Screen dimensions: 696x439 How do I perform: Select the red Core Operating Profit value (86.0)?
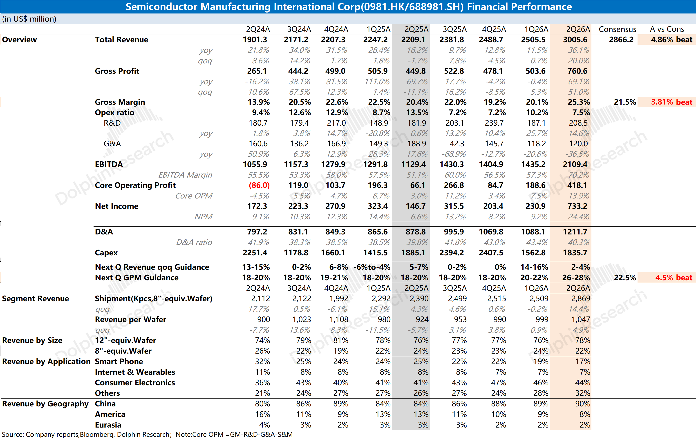click(x=259, y=185)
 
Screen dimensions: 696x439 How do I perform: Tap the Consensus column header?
click(x=617, y=29)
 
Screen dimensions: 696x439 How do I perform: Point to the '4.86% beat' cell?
click(x=671, y=40)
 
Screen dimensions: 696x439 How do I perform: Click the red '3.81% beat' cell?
click(x=671, y=102)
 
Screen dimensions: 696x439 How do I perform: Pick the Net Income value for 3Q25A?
click(x=454, y=206)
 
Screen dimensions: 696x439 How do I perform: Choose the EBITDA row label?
click(x=109, y=165)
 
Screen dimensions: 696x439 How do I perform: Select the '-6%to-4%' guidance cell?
click(x=372, y=267)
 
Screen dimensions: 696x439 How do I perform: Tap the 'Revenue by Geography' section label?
click(x=45, y=404)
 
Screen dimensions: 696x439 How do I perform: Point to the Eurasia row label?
click(x=108, y=425)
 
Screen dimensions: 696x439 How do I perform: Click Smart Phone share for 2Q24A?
click(x=262, y=361)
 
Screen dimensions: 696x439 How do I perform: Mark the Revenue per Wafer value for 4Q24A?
click(x=339, y=319)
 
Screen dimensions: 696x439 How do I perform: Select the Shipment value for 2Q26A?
click(x=581, y=299)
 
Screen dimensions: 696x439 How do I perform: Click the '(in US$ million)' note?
click(x=29, y=19)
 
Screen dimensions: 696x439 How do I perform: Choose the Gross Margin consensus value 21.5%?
click(x=625, y=102)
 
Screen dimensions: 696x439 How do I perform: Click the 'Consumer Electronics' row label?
click(x=135, y=383)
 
